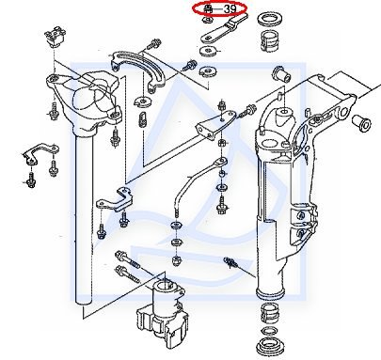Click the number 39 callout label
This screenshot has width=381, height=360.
point(230,8)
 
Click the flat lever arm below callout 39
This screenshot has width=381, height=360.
point(223,29)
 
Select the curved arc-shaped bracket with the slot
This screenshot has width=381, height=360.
point(138,69)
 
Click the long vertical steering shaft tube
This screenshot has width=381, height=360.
point(84,216)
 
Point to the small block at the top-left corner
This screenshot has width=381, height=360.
point(56,36)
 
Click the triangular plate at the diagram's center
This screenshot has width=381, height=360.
point(215,125)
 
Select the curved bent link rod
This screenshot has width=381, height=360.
point(199,180)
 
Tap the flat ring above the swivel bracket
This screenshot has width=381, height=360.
point(269,19)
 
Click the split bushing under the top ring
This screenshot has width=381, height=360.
point(270,40)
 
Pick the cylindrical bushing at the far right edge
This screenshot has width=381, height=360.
point(361,123)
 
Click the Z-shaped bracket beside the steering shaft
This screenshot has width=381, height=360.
point(116,200)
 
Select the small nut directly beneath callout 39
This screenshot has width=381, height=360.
point(207,21)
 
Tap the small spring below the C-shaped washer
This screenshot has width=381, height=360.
point(143,119)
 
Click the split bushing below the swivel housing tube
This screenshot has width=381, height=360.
point(269,314)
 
